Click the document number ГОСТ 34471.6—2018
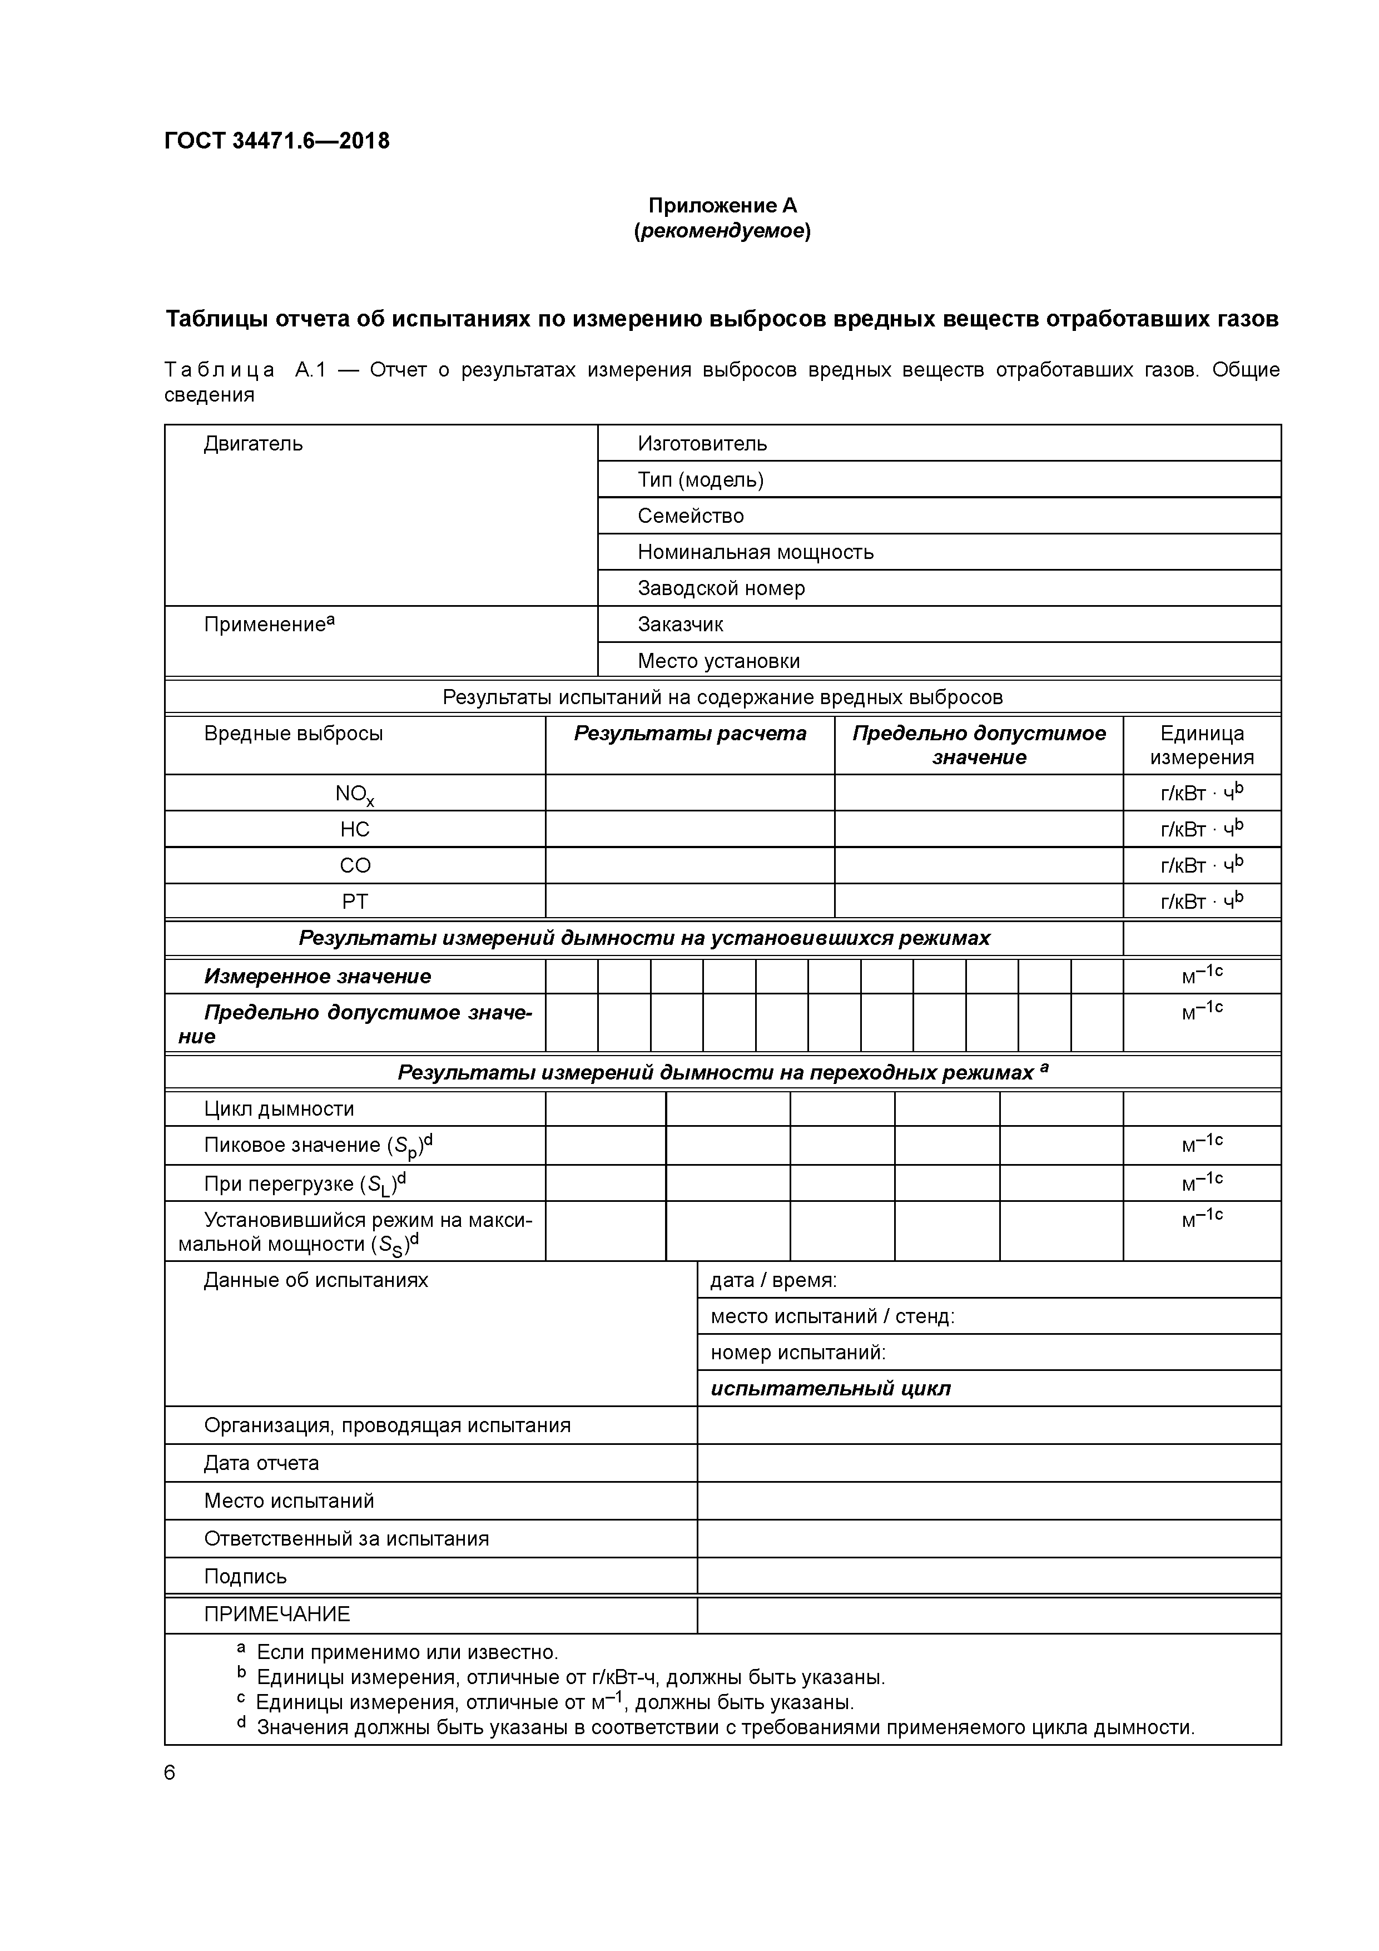pyautogui.click(x=277, y=141)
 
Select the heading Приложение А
pyautogui.click(x=722, y=206)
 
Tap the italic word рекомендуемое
pyautogui.click(x=722, y=231)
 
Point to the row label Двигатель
pyautogui.click(x=252, y=444)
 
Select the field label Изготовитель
pyautogui.click(x=702, y=444)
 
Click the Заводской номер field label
pyautogui.click(x=721, y=588)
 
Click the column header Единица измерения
pyautogui.click(x=1202, y=745)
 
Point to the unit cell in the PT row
pyautogui.click(x=1202, y=901)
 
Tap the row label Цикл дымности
pyautogui.click(x=279, y=1109)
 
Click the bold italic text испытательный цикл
pyautogui.click(x=830, y=1389)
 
